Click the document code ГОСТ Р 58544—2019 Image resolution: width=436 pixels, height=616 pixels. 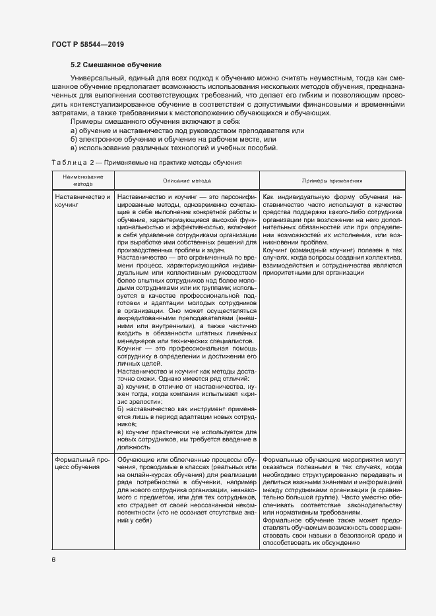coord(87,44)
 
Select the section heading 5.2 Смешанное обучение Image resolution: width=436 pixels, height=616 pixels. coord(115,65)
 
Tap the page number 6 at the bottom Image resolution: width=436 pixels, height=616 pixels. coord(53,559)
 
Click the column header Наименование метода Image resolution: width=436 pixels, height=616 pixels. coord(78,181)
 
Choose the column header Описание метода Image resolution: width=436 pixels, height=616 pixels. coord(187,181)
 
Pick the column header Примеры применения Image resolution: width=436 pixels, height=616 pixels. coord(332,181)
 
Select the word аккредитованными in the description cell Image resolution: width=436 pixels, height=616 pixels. coord(146,317)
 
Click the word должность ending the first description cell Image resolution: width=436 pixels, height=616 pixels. coord(133,446)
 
